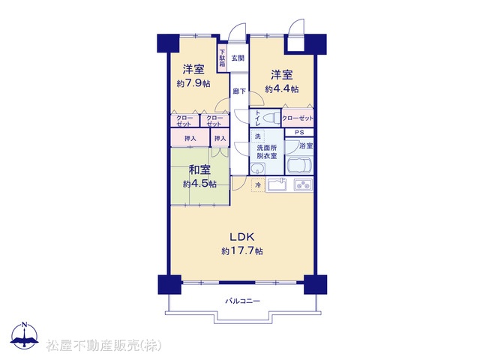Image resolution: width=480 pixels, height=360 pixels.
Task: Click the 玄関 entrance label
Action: [238, 58]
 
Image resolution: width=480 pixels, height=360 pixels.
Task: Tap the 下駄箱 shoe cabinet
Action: [222, 58]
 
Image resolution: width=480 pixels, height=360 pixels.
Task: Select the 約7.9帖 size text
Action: [193, 83]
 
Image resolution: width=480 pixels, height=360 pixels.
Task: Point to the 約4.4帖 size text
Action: [282, 89]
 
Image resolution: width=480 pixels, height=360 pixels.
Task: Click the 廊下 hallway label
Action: [239, 91]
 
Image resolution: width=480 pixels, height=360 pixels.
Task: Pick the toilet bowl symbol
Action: [271, 118]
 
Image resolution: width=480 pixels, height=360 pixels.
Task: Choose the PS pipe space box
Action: [299, 133]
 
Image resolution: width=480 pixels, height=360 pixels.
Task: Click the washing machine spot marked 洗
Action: [258, 136]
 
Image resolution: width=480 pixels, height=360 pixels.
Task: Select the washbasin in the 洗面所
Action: [256, 168]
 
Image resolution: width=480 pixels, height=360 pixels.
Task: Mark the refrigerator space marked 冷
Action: [258, 185]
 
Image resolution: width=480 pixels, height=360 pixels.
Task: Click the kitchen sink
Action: [277, 184]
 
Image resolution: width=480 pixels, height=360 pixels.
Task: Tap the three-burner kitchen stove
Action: [303, 184]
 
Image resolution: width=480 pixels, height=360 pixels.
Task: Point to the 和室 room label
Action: [199, 169]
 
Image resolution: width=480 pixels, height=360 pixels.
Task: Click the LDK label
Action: [242, 237]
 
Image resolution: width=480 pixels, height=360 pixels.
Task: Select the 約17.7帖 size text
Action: [242, 251]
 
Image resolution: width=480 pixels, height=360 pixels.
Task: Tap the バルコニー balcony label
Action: [243, 301]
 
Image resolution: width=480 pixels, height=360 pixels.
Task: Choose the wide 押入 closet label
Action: [190, 139]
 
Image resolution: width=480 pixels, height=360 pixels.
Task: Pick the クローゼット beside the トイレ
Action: [298, 118]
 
